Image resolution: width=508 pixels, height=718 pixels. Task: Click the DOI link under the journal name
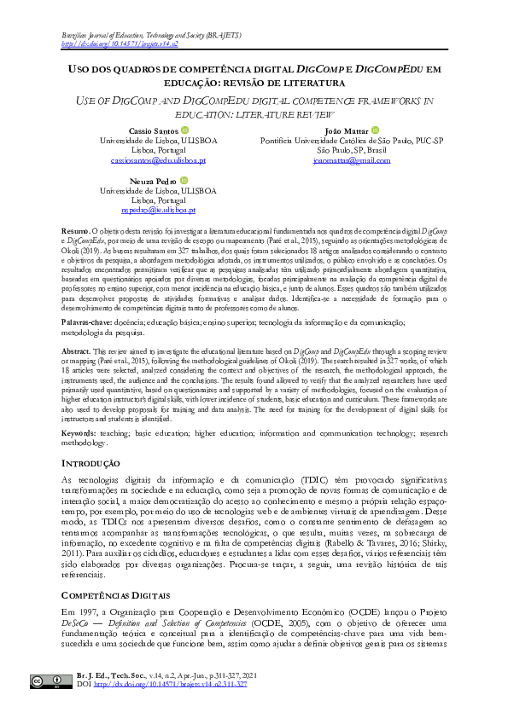tap(120, 43)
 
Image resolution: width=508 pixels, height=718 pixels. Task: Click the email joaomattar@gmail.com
tap(351, 160)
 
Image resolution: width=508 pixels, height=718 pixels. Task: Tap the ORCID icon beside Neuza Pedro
tap(183, 180)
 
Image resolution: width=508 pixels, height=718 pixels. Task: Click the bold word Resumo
tap(76, 232)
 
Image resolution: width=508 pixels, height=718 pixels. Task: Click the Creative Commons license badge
tap(40, 681)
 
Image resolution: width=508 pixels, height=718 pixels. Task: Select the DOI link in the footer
tap(170, 684)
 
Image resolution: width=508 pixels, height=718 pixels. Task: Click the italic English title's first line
tap(254, 101)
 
